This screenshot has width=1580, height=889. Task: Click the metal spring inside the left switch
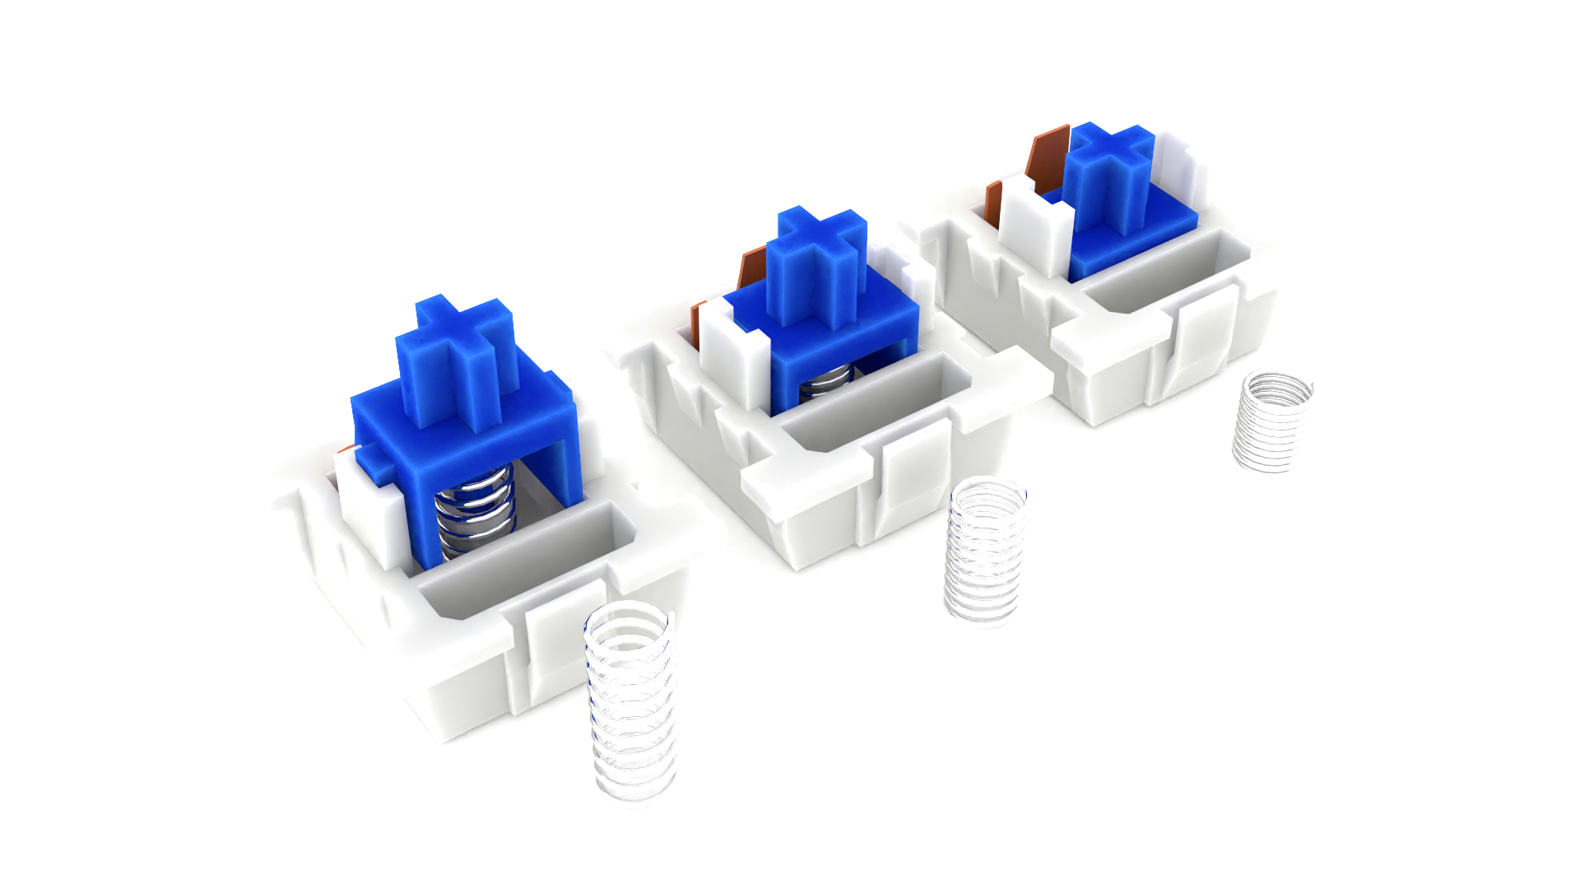476,510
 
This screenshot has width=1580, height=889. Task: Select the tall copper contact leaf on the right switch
1047,161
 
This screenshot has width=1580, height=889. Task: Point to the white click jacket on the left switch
366,514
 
